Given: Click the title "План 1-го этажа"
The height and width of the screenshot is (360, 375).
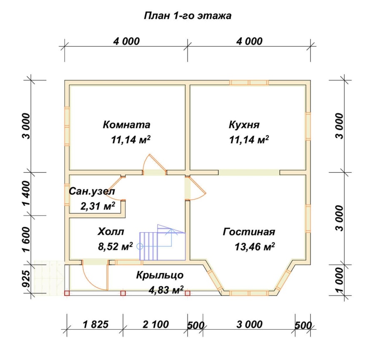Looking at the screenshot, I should pyautogui.click(x=187, y=16).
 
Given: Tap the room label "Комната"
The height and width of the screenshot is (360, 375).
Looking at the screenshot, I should pyautogui.click(x=126, y=125).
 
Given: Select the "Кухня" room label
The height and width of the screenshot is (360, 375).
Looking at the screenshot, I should pyautogui.click(x=244, y=125).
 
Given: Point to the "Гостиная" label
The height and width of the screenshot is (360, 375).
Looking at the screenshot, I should pyautogui.click(x=249, y=232).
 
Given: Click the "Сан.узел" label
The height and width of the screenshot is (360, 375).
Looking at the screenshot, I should pyautogui.click(x=92, y=191).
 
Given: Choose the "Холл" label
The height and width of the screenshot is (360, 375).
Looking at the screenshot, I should pyautogui.click(x=111, y=232).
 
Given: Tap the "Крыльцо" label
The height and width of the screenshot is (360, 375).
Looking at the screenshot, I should pyautogui.click(x=160, y=275).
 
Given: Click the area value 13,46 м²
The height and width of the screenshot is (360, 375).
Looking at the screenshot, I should pyautogui.click(x=254, y=247).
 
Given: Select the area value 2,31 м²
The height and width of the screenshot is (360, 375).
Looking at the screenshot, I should pyautogui.click(x=97, y=205).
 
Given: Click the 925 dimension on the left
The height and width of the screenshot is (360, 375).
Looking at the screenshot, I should pyautogui.click(x=26, y=279).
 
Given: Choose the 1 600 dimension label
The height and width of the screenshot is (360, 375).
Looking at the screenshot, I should pyautogui.click(x=26, y=239).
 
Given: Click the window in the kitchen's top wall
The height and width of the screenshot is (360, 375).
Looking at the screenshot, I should pyautogui.click(x=249, y=82).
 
